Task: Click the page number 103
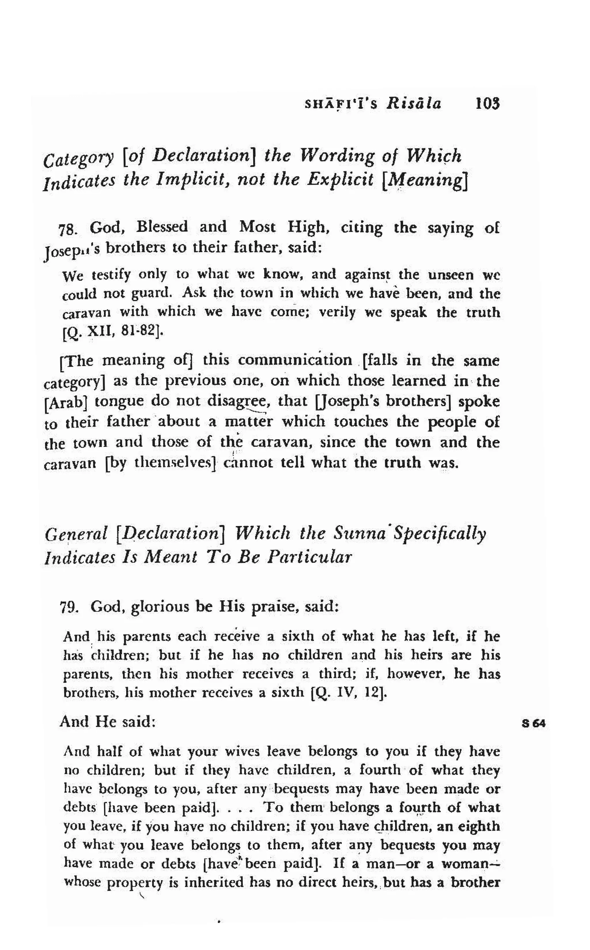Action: point(488,104)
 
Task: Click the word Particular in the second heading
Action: point(309,557)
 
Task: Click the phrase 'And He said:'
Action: point(108,722)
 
